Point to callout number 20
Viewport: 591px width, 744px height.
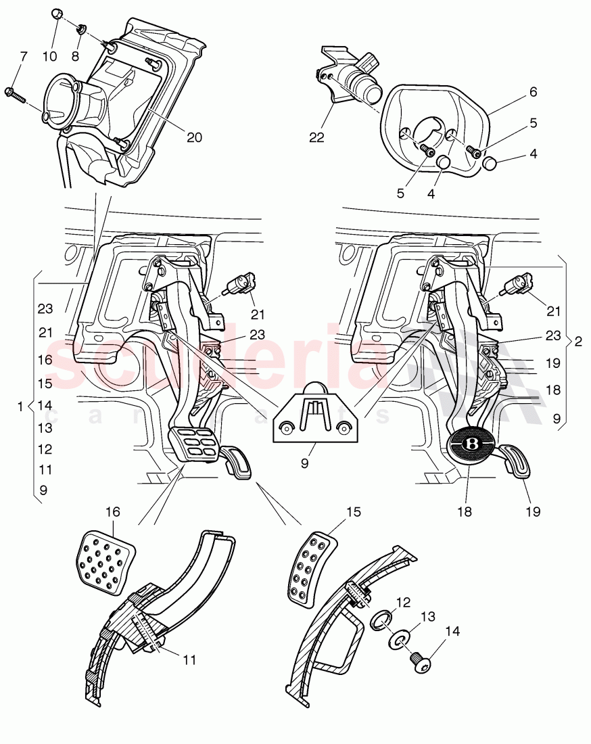pos(194,137)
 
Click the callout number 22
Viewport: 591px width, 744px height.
pos(317,138)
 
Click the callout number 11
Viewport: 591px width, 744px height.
pos(190,659)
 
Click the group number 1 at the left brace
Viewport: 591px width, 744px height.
pos(20,406)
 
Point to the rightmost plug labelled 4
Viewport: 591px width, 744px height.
pos(490,163)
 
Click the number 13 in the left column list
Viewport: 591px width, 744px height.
pos(45,427)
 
